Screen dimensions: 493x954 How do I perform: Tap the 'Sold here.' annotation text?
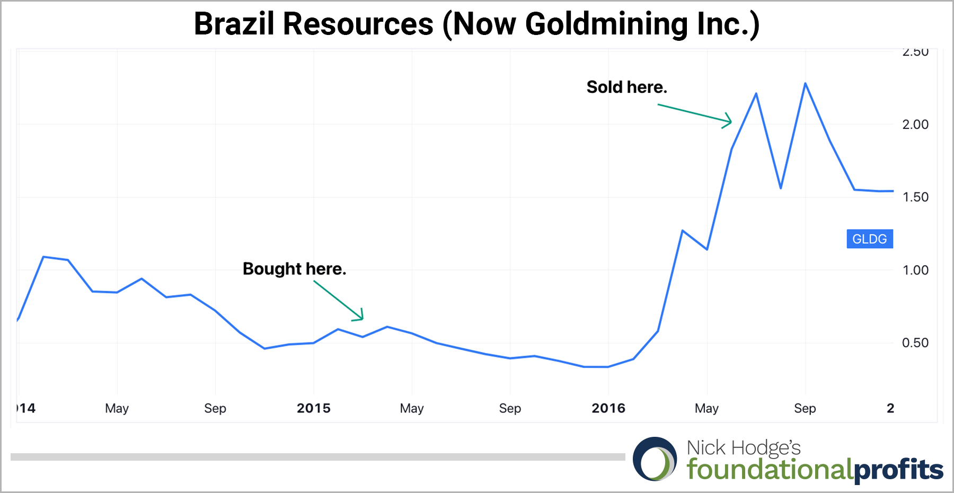coord(626,87)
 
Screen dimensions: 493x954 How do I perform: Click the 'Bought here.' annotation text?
coord(294,269)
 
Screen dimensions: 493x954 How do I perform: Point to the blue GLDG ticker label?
coord(869,239)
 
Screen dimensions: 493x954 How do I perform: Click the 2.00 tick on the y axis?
coord(915,125)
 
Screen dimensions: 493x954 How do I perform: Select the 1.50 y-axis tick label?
coord(915,197)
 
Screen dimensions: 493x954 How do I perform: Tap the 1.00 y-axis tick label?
coord(915,270)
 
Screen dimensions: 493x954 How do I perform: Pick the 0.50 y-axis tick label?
coord(915,343)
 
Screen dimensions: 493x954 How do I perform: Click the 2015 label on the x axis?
coord(313,408)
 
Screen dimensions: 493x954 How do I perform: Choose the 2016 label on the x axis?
coord(608,408)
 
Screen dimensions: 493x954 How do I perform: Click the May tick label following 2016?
coord(706,408)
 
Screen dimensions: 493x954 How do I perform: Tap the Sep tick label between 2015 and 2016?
coord(510,408)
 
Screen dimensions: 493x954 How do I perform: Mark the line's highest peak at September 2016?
coord(805,83)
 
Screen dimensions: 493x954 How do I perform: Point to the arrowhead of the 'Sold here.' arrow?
coord(730,122)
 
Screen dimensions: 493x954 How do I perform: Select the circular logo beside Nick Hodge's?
coord(655,459)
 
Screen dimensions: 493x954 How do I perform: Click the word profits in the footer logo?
coord(899,470)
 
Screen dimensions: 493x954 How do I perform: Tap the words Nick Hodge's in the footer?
coord(744,448)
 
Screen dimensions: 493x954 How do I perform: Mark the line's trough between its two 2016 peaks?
coord(781,188)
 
